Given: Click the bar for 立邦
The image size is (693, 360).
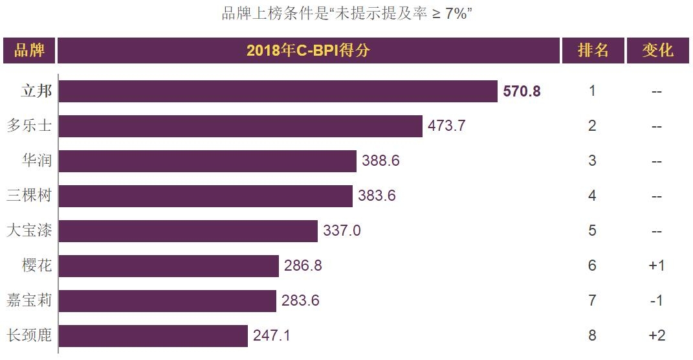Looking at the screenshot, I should coord(278,91).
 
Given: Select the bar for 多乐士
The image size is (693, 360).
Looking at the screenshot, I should coord(241,126).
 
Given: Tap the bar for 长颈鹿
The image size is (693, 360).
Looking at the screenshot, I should coord(153,336).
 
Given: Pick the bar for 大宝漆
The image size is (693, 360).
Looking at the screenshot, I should coord(188,231).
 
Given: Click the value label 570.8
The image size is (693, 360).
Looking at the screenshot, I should coord(522,91).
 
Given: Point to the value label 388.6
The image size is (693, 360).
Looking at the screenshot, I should coord(380,161).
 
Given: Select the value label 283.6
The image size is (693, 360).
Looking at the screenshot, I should coord(300,301).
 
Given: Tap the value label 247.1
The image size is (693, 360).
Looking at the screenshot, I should coord(272,336).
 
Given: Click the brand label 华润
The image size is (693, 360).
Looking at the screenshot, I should coord(37,161).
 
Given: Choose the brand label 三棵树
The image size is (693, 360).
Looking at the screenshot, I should coord(29,196).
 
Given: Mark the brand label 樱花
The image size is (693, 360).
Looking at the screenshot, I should coord(37,265).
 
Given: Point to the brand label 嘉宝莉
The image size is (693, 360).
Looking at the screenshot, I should coord(29,300).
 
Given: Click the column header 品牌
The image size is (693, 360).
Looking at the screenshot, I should coord(29,51).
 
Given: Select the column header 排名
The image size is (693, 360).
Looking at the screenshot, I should coord(593,51).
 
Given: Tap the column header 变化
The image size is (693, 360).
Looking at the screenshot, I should coord(657,51).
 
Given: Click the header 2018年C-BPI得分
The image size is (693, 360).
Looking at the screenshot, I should coord(308,51).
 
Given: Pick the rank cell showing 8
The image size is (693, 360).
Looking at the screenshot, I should coord(592,336).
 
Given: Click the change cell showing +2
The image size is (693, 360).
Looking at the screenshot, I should coord(657,336).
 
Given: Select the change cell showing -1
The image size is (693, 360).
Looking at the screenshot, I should coord(657,301).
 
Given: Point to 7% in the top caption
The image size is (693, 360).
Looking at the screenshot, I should coord(456,14).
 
